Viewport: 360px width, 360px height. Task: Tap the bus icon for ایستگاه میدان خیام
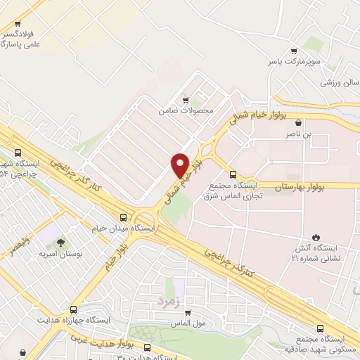pyautogui.click(x=124, y=217)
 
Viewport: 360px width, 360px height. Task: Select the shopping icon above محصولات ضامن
pyautogui.click(x=185, y=100)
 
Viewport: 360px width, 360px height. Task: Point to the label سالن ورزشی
pyautogui.click(x=337, y=82)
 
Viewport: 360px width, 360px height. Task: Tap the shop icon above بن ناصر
pyautogui.click(x=299, y=122)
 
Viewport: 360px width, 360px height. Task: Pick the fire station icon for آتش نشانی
pyautogui.click(x=315, y=237)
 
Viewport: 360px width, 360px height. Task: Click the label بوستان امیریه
pyautogui.click(x=58, y=253)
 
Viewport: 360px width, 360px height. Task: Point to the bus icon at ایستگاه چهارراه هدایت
pyautogui.click(x=74, y=309)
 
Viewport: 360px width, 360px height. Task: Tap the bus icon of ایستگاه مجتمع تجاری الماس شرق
pyautogui.click(x=233, y=174)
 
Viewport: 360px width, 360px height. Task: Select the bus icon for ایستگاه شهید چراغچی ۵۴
pyautogui.click(x=17, y=153)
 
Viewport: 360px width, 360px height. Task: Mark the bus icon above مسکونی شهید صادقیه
pyautogui.click(x=321, y=328)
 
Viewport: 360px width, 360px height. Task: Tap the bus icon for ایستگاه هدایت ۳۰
pyautogui.click(x=148, y=347)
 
